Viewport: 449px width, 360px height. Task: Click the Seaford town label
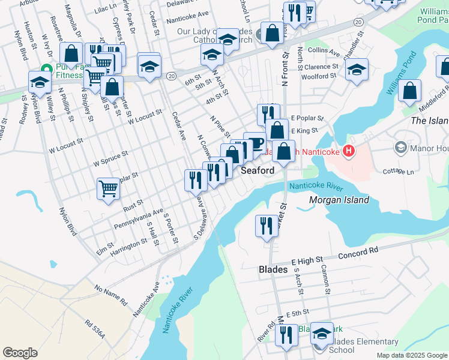tap(258, 170)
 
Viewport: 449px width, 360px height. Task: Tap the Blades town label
tap(273, 270)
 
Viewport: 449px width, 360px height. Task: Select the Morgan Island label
tap(339, 200)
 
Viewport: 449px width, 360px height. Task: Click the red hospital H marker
tap(347, 152)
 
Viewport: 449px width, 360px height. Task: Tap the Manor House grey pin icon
tap(400, 147)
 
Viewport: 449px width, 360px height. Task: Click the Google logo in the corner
tap(20, 353)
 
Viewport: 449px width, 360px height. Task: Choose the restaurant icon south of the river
tap(267, 226)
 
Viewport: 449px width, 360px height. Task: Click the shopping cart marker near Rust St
tap(109, 188)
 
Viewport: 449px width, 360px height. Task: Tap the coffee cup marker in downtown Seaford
tap(255, 143)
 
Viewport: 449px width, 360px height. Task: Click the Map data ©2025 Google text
tap(412, 355)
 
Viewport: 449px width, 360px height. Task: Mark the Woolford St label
tap(318, 77)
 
